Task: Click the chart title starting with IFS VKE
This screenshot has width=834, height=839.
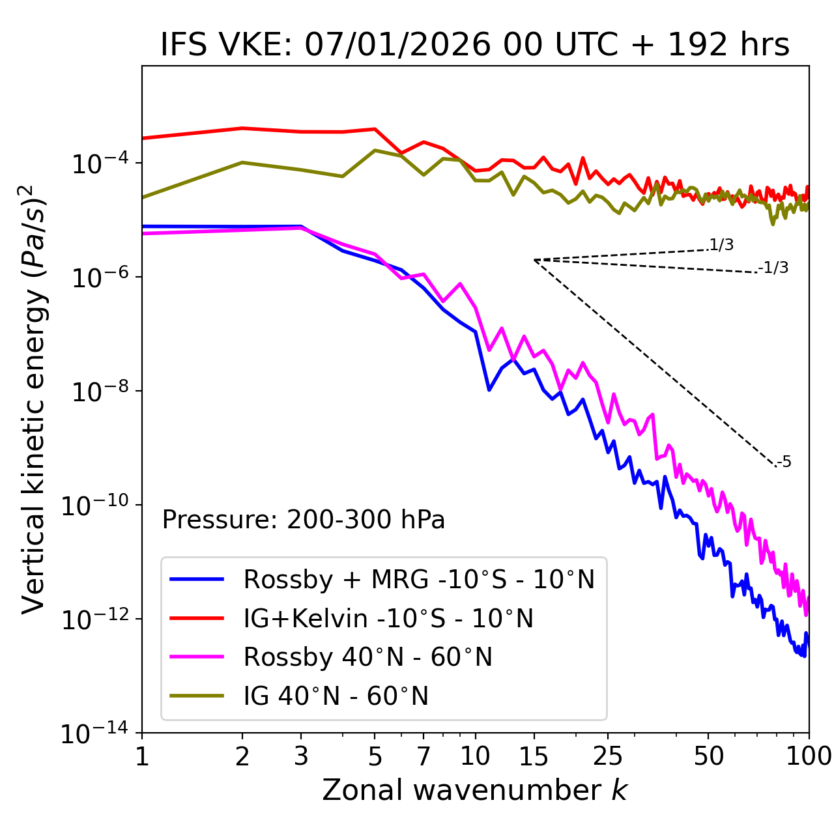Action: pyautogui.click(x=475, y=45)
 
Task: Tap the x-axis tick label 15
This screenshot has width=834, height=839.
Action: pyautogui.click(x=534, y=756)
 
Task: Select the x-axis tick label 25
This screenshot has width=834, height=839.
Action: pyautogui.click(x=608, y=756)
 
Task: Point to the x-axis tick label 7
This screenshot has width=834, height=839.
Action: pyautogui.click(x=424, y=756)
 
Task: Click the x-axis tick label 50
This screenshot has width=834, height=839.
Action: pyautogui.click(x=709, y=756)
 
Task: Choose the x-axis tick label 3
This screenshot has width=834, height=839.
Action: pyautogui.click(x=301, y=756)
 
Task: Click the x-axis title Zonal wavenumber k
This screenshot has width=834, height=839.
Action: pyautogui.click(x=475, y=790)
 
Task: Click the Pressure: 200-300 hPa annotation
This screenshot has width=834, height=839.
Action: pyautogui.click(x=304, y=520)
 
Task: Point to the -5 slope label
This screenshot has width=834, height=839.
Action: pyautogui.click(x=784, y=462)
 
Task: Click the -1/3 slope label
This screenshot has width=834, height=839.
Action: pyautogui.click(x=773, y=268)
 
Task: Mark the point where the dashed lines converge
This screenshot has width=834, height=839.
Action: pyautogui.click(x=534, y=260)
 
